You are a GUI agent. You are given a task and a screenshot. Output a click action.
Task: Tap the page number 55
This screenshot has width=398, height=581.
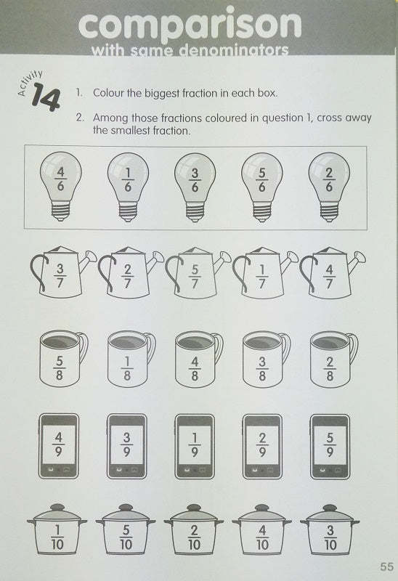tap(385, 566)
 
